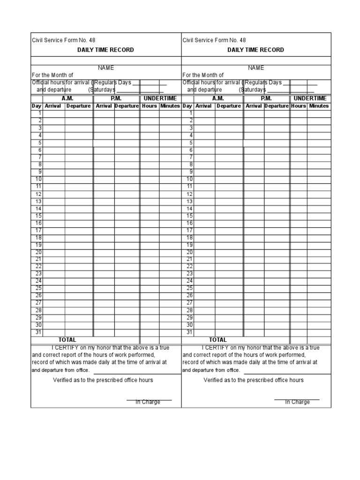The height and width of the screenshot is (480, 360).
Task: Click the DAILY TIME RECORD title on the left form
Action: click(105, 50)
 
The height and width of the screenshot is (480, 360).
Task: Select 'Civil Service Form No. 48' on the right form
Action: click(214, 40)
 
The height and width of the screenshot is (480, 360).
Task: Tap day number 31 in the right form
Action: click(189, 332)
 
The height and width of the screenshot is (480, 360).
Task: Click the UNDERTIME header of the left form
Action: click(160, 98)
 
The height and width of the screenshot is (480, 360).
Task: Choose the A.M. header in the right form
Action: click(218, 98)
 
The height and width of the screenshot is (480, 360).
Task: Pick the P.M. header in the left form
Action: click(116, 98)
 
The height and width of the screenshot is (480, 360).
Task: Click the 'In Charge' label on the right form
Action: click(297, 402)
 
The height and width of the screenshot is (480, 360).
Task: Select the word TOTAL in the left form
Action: click(67, 339)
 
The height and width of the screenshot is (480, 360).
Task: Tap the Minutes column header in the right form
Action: click(318, 106)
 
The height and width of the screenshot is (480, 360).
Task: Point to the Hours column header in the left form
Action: click(149, 106)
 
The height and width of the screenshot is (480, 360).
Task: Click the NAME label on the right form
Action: click(256, 68)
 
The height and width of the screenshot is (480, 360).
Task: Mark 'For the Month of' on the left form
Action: click(52, 75)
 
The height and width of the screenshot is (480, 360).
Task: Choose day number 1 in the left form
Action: click(40, 113)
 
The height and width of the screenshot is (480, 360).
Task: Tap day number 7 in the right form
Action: click(190, 157)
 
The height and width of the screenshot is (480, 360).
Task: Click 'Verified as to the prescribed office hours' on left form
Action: click(103, 380)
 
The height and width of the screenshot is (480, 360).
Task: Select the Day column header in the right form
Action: click(187, 106)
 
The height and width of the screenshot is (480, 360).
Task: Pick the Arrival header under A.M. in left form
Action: click(53, 106)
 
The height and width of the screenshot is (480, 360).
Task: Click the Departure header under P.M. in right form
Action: click(277, 106)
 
